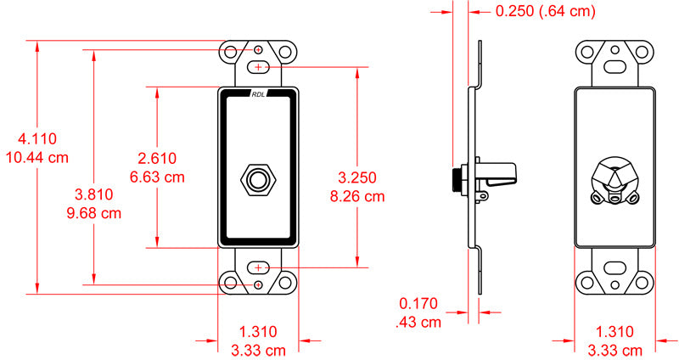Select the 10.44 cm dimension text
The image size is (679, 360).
[36, 158]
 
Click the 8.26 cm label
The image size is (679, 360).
[356, 195]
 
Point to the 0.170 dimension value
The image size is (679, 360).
[419, 302]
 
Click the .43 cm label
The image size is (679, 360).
[418, 322]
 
